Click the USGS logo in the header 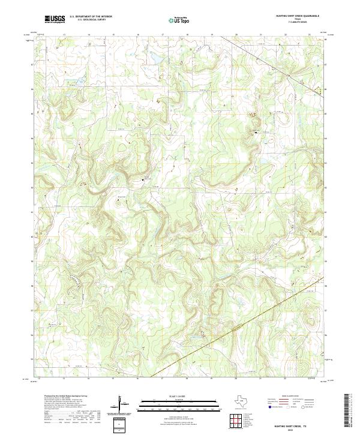55,19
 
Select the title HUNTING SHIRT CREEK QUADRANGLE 297,16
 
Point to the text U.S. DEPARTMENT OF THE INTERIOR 91,17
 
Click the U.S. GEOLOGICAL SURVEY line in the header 91,20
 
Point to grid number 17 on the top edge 163,35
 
